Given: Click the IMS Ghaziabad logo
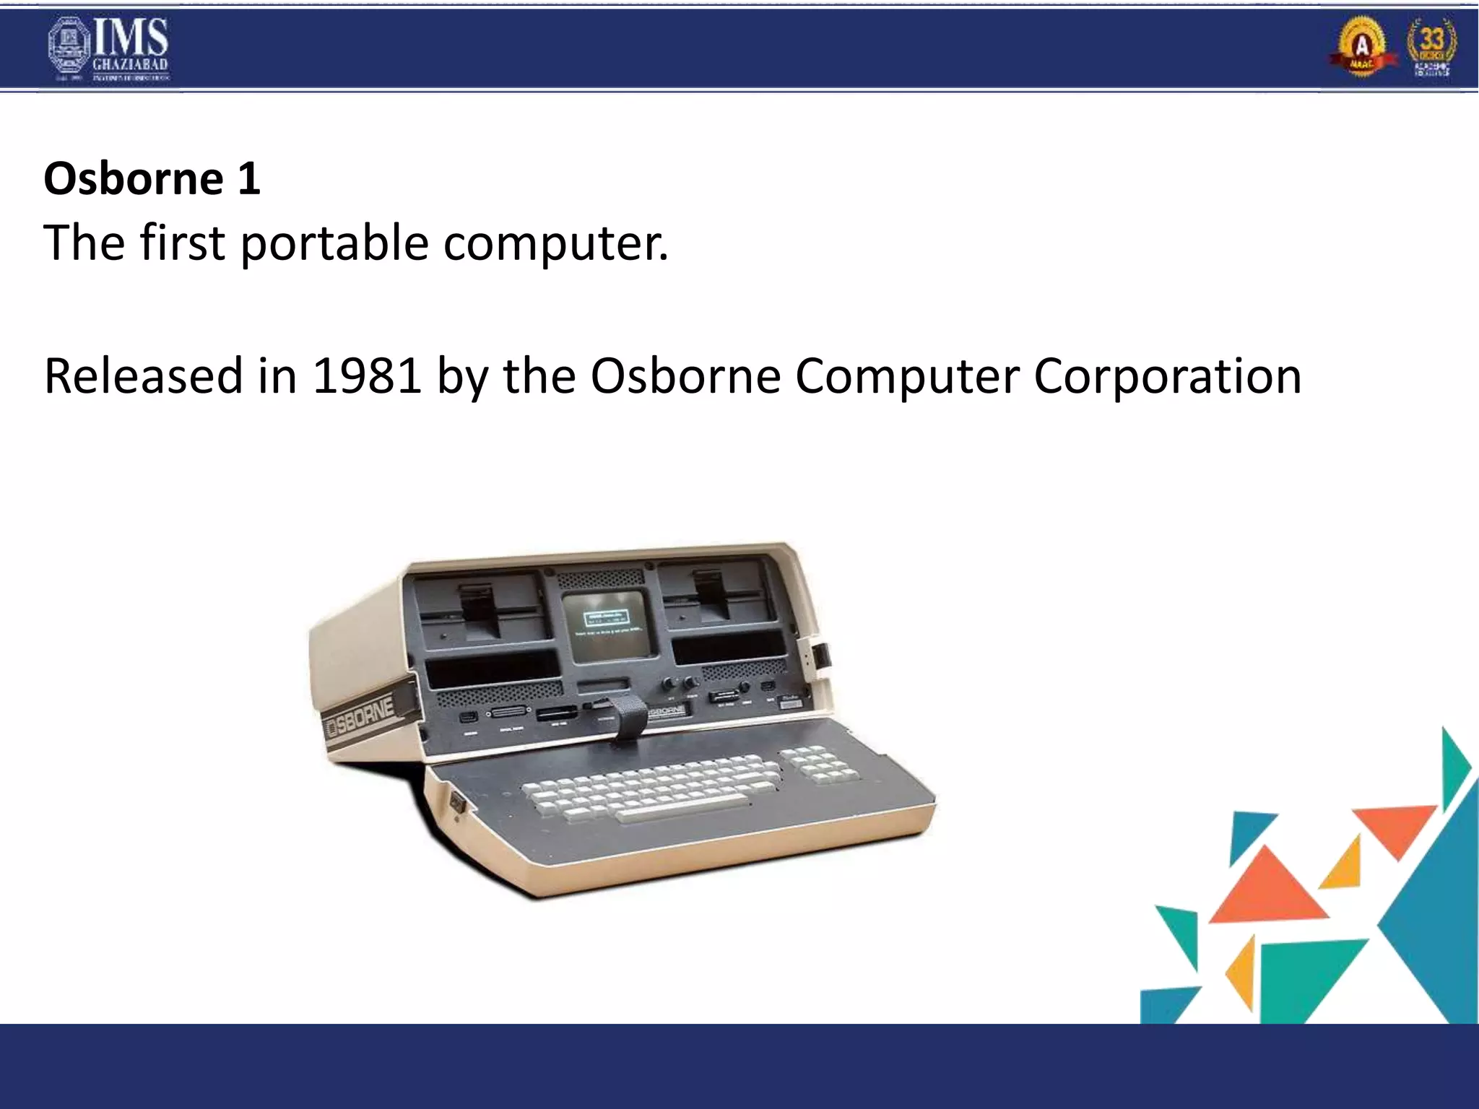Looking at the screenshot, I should (x=108, y=49).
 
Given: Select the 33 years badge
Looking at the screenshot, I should (x=1431, y=48).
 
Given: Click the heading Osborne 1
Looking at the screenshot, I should (x=152, y=178).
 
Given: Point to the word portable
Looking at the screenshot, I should (x=334, y=243).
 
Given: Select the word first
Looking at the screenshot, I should (x=182, y=243).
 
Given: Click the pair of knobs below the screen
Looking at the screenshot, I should (x=680, y=682).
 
